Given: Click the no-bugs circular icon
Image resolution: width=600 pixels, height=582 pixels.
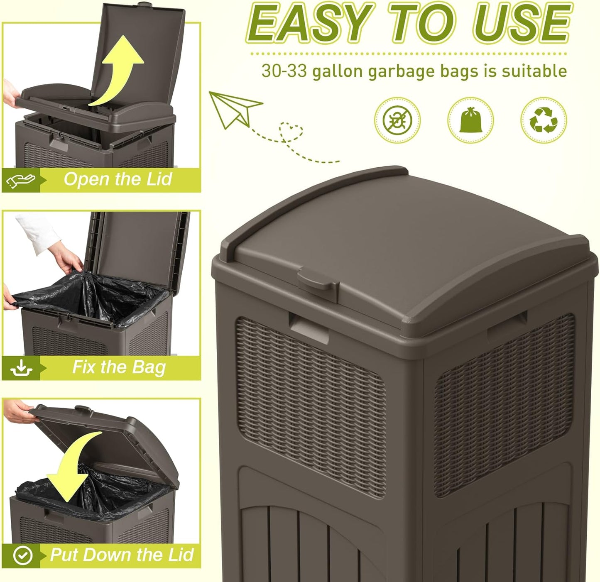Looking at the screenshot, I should point(397,120).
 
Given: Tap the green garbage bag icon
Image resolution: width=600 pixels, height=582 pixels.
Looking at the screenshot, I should point(470,120).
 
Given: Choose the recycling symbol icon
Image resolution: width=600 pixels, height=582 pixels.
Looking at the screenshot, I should point(544,120).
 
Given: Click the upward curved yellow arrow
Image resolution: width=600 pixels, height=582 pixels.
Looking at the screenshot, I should point(118,68).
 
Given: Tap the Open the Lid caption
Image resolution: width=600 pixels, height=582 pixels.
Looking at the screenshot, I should point(118,179).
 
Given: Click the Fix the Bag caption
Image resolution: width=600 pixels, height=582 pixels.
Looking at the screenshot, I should point(119,367).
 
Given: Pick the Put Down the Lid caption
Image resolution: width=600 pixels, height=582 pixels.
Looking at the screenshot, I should point(122,555).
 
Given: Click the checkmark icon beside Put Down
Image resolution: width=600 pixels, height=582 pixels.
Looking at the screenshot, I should point(22,555).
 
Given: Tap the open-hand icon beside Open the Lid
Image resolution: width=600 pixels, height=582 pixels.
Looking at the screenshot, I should point(21,180).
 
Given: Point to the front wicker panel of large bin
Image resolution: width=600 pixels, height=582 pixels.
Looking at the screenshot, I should point(309,405).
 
